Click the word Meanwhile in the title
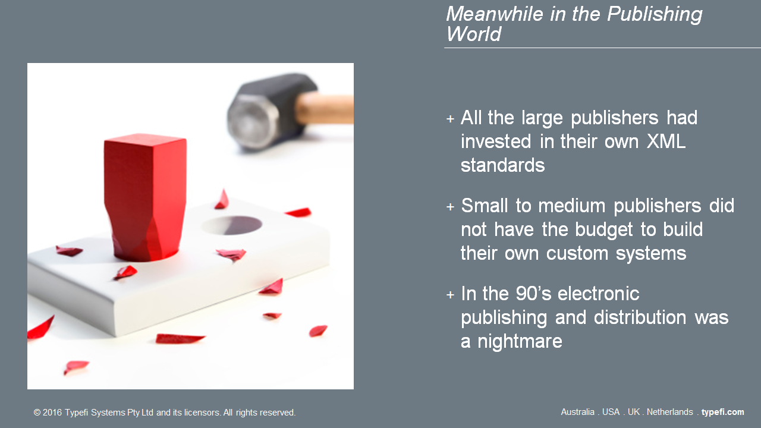pyautogui.click(x=495, y=14)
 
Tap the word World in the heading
pyautogui.click(x=474, y=34)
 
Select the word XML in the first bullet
pyautogui.click(x=666, y=141)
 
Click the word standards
pyautogui.click(x=502, y=165)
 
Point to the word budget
pyautogui.click(x=603, y=230)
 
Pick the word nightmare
pyautogui.click(x=520, y=341)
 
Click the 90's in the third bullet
pyautogui.click(x=533, y=294)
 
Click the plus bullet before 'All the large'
pyautogui.click(x=450, y=119)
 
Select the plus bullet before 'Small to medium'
pyautogui.click(x=450, y=207)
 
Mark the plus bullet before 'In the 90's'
pyautogui.click(x=450, y=295)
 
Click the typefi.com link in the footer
pyautogui.click(x=722, y=413)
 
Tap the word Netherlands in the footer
pyautogui.click(x=669, y=412)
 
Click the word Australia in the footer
pyautogui.click(x=577, y=412)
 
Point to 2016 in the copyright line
pyautogui.click(x=52, y=413)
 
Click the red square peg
pyautogui.click(x=146, y=197)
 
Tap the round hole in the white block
pyautogui.click(x=232, y=225)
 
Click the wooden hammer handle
pyautogui.click(x=325, y=108)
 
